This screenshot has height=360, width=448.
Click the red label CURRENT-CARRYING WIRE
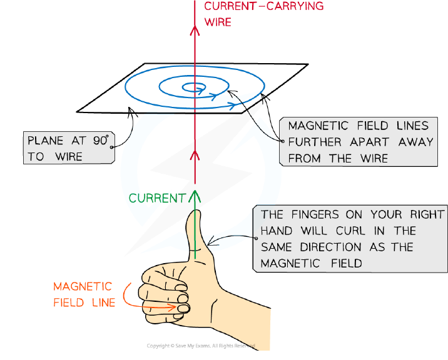[x=263, y=14]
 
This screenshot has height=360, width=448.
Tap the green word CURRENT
[x=158, y=198]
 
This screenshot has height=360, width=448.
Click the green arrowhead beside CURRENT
[x=195, y=196]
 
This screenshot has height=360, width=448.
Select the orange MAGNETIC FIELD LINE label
[x=84, y=294]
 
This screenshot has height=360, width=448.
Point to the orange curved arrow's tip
[x=176, y=307]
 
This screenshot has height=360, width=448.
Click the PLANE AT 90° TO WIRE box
[x=69, y=148]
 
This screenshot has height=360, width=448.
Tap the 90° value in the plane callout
[x=101, y=140]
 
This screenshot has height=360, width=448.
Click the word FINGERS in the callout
[x=315, y=214]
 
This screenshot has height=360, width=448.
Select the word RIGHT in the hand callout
[x=427, y=214]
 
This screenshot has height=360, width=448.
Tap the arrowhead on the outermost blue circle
[x=233, y=105]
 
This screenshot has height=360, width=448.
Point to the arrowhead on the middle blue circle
[x=213, y=96]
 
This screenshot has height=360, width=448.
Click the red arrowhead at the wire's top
[x=195, y=31]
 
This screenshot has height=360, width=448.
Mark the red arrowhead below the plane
[x=195, y=156]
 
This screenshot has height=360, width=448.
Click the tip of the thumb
[x=195, y=211]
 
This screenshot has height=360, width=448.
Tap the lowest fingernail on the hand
[x=184, y=309]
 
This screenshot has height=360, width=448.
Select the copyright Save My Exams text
[x=201, y=346]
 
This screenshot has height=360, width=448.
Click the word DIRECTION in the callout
[x=330, y=247]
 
